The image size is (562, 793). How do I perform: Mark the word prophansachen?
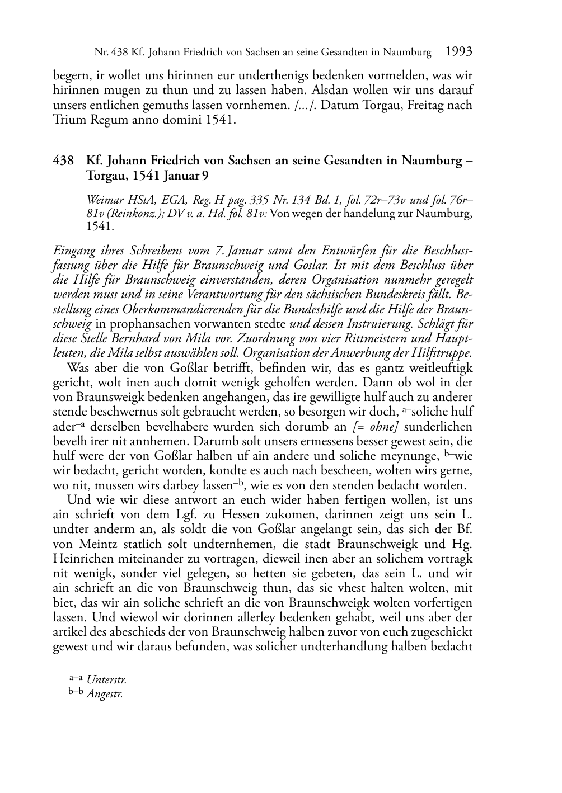click(135, 323)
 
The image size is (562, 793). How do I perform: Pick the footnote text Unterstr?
click(106, 680)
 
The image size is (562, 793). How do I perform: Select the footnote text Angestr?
click(105, 694)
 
